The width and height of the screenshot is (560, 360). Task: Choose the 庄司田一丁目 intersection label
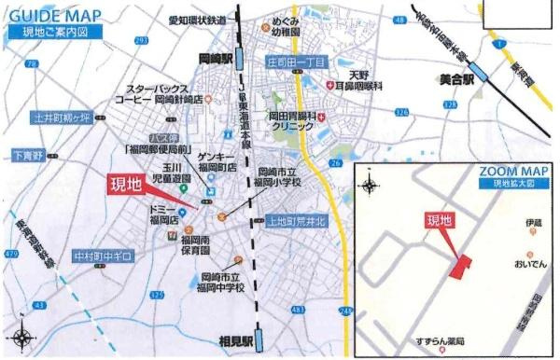pos(296,62)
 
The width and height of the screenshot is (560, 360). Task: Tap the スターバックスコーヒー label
pos(153,91)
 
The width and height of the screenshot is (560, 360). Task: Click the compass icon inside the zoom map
pos(371,185)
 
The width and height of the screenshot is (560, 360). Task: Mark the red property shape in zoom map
pos(460,267)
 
